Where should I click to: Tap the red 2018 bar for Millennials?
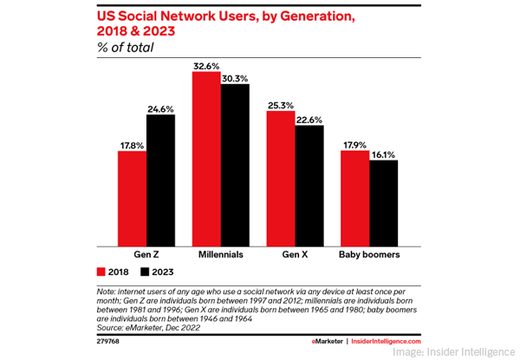(206, 159)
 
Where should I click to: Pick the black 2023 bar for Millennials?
(235, 165)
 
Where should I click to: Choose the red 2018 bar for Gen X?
(281, 179)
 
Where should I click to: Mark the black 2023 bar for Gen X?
(309, 186)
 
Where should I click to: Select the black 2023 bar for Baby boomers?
(383, 203)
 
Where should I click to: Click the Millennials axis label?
(220, 257)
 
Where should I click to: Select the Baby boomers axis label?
(369, 257)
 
